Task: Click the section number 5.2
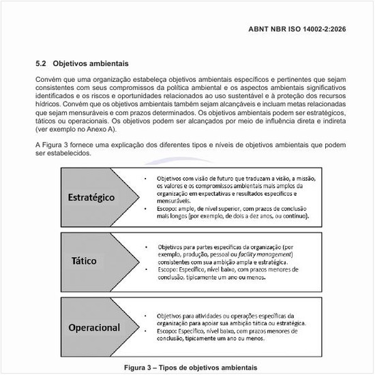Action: coord(41,63)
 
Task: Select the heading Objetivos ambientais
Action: coord(90,63)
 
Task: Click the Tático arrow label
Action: coord(84,261)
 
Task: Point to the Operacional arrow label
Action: coord(93,328)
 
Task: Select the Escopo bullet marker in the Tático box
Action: coord(147,270)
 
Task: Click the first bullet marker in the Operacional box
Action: coord(147,316)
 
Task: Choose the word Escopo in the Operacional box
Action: coord(168,331)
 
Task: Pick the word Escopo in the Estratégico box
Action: coord(167,210)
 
